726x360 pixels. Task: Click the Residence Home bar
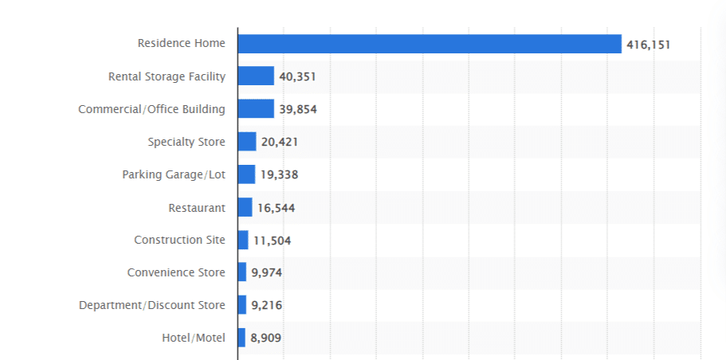coord(429,44)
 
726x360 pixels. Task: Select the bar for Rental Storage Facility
coord(256,76)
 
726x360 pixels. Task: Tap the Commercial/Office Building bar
coord(256,109)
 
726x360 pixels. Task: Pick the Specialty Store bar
coord(247,142)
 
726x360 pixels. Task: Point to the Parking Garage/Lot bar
coord(246,174)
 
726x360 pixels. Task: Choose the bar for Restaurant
coord(245,207)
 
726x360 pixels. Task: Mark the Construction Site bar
coord(243,240)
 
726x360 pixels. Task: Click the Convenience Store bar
coord(242,272)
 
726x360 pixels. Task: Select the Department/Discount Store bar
coord(242,305)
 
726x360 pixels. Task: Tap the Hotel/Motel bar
coord(241,338)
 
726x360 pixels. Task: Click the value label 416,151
coord(648,45)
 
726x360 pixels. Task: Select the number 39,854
coord(298,110)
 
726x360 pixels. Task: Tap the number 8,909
coord(265,338)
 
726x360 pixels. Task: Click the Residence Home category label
coord(181,43)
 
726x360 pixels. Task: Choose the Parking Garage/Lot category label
coord(174,174)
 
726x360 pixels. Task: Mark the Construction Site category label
coord(179,240)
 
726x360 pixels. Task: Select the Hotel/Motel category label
coord(193,338)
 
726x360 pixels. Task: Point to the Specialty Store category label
coord(186,142)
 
